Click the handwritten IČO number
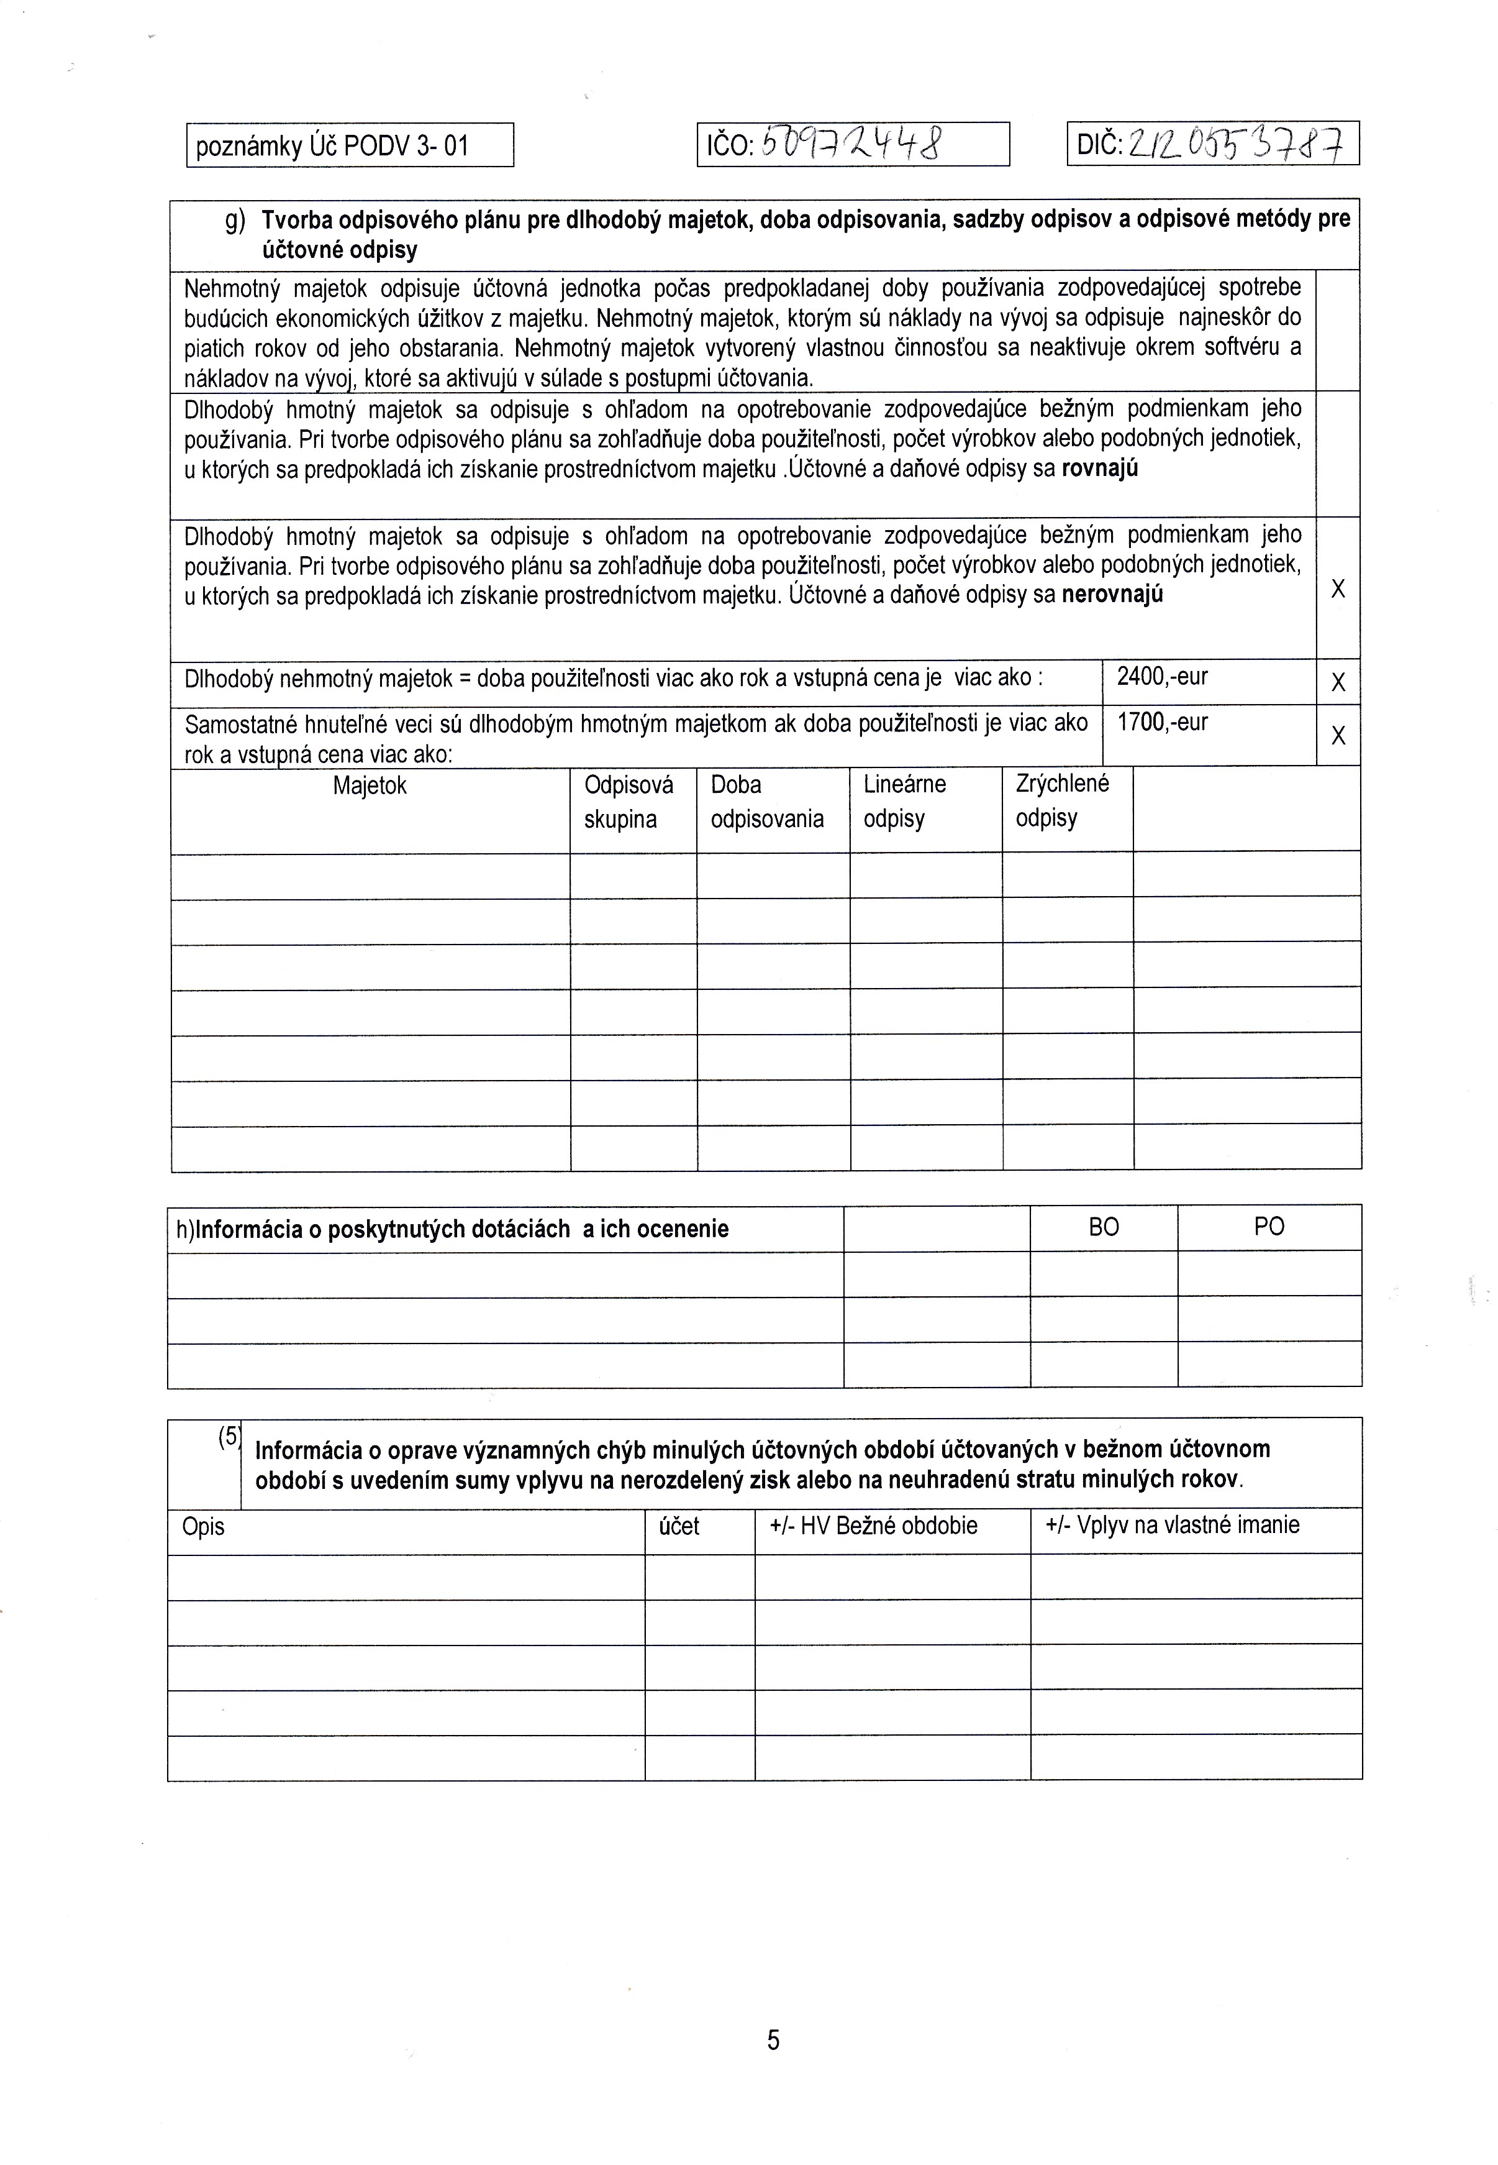pyautogui.click(x=852, y=145)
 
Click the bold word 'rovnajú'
pyautogui.click(x=1099, y=469)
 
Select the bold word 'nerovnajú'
pyautogui.click(x=1112, y=594)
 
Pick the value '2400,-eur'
pyautogui.click(x=1162, y=677)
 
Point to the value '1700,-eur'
pyautogui.click(x=1162, y=723)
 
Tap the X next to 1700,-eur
pyautogui.click(x=1338, y=735)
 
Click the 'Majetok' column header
pyautogui.click(x=370, y=786)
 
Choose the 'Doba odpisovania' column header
pyautogui.click(x=767, y=802)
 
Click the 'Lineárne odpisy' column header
pyautogui.click(x=905, y=801)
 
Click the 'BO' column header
pyautogui.click(x=1104, y=1228)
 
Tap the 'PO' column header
pyautogui.click(x=1269, y=1228)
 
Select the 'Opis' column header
pyautogui.click(x=204, y=1527)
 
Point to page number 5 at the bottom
pyautogui.click(x=773, y=2040)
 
